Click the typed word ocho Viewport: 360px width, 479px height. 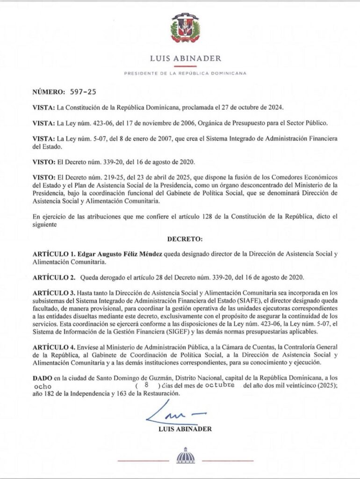[44, 387]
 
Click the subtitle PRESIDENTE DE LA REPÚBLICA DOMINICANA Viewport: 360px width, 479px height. [185, 73]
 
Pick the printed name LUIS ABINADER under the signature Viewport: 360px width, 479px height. [185, 428]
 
